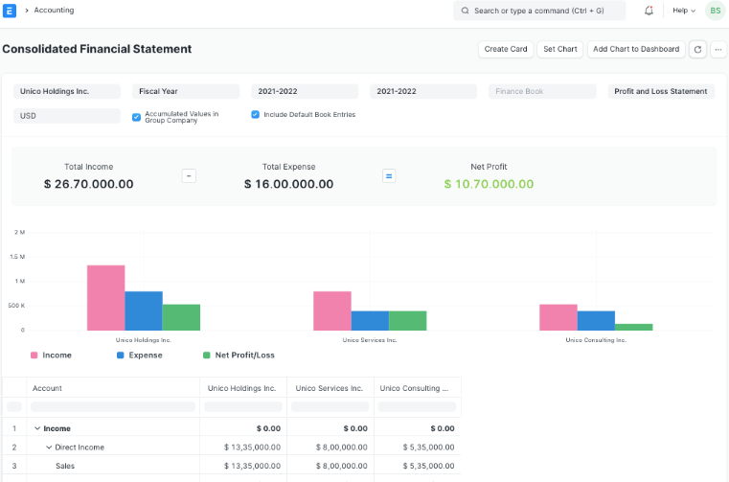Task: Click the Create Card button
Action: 506,49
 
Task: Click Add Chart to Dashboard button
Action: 636,49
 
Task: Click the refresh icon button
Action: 697,49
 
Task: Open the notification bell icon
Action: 649,11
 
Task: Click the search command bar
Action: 539,11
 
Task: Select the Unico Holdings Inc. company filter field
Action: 67,92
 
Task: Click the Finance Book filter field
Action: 542,92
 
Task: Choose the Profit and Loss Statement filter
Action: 661,92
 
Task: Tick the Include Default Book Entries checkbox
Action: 256,115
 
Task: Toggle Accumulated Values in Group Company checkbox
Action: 137,117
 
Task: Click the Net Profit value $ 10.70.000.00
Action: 490,184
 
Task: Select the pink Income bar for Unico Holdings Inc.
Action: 106,297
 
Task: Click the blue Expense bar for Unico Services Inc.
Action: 370,320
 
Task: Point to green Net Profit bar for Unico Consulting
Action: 633,327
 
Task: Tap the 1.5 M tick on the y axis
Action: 17,257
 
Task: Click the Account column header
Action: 47,388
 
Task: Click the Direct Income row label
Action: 80,447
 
